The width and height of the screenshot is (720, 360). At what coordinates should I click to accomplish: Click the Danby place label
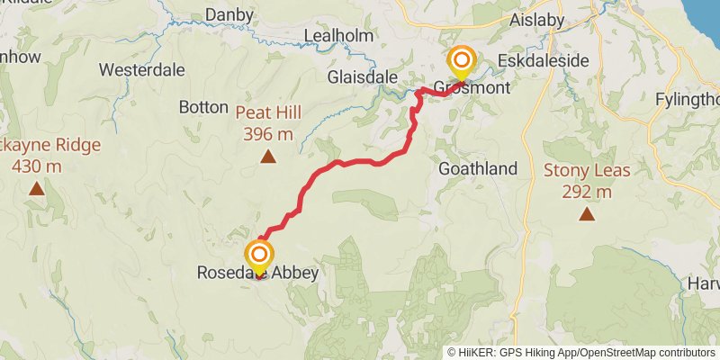[225, 14]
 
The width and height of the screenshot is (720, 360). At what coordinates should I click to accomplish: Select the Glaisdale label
[363, 77]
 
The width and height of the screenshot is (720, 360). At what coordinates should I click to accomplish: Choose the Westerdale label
[142, 69]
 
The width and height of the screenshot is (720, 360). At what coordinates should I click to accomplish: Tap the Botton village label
[203, 107]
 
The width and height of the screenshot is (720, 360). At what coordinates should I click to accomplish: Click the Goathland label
[478, 168]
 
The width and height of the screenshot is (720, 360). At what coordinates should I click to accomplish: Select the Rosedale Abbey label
[258, 272]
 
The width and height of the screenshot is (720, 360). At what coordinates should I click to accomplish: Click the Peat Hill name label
[268, 113]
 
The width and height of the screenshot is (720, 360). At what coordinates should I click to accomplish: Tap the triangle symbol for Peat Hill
[267, 157]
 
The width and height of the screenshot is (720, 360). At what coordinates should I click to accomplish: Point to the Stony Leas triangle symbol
[587, 213]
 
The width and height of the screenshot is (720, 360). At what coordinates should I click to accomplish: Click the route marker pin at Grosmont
[462, 63]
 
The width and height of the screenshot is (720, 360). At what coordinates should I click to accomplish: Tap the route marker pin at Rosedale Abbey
[259, 256]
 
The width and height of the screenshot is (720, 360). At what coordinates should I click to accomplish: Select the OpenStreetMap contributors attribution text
[646, 352]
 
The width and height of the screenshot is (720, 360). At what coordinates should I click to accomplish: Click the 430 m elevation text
[36, 166]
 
